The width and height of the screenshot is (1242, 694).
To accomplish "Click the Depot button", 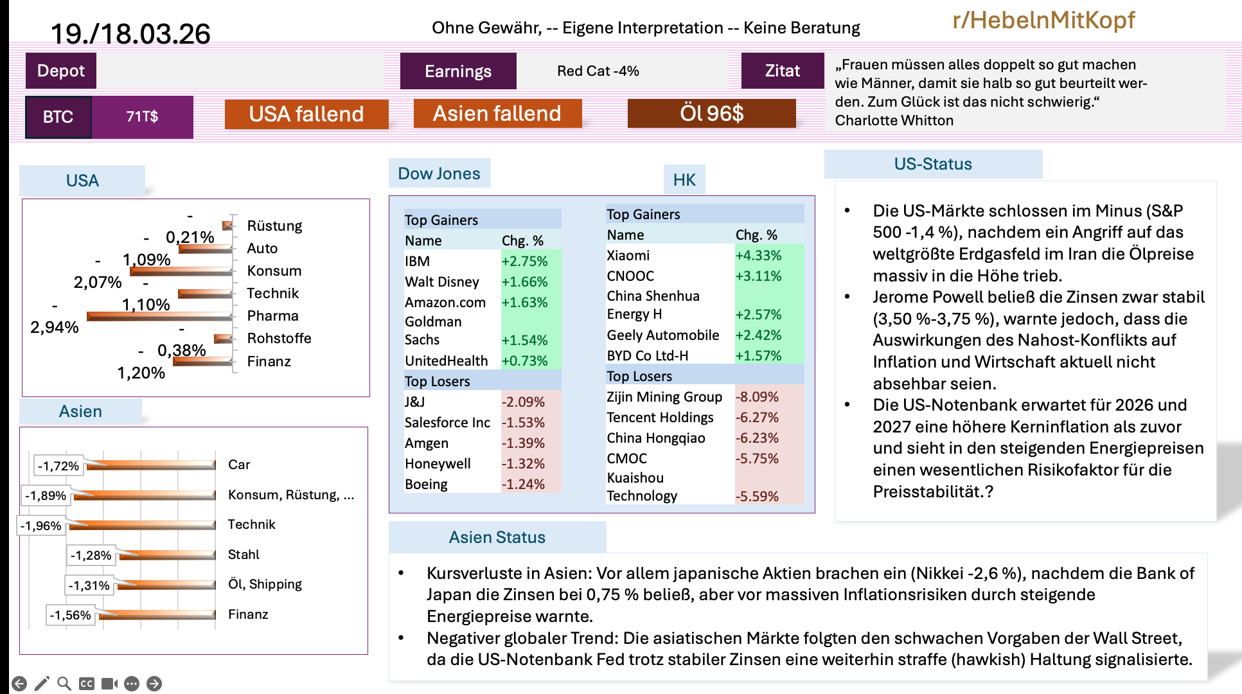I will (60, 71).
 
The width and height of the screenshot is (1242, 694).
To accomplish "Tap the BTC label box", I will (58, 117).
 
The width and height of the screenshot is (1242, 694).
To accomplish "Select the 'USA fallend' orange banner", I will (306, 114).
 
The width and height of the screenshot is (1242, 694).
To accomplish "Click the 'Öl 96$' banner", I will (711, 114).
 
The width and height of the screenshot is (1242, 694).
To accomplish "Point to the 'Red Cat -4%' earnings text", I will (598, 71).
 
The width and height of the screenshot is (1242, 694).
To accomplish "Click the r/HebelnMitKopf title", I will (1043, 21).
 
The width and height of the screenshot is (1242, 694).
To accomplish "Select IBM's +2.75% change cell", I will (524, 262).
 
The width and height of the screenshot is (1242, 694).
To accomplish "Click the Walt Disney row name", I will (441, 282).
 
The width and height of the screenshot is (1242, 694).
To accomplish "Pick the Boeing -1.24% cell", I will (523, 485).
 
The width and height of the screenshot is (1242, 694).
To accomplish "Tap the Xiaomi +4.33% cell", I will (758, 256).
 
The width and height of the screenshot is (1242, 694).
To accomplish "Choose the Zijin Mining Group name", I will (664, 397).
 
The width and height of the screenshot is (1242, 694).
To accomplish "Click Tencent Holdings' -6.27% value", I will (757, 418).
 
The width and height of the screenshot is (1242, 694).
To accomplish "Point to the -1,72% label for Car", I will (58, 466).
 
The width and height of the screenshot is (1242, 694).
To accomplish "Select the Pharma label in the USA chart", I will (272, 316).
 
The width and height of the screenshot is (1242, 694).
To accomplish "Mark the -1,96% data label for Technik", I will (41, 526).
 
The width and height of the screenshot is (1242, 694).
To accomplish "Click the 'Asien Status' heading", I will (497, 537).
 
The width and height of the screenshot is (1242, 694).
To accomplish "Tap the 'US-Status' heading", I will (932, 164).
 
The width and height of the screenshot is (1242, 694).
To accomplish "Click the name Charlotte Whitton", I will (894, 121).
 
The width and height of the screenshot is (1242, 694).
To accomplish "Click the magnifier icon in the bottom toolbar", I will (64, 684).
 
